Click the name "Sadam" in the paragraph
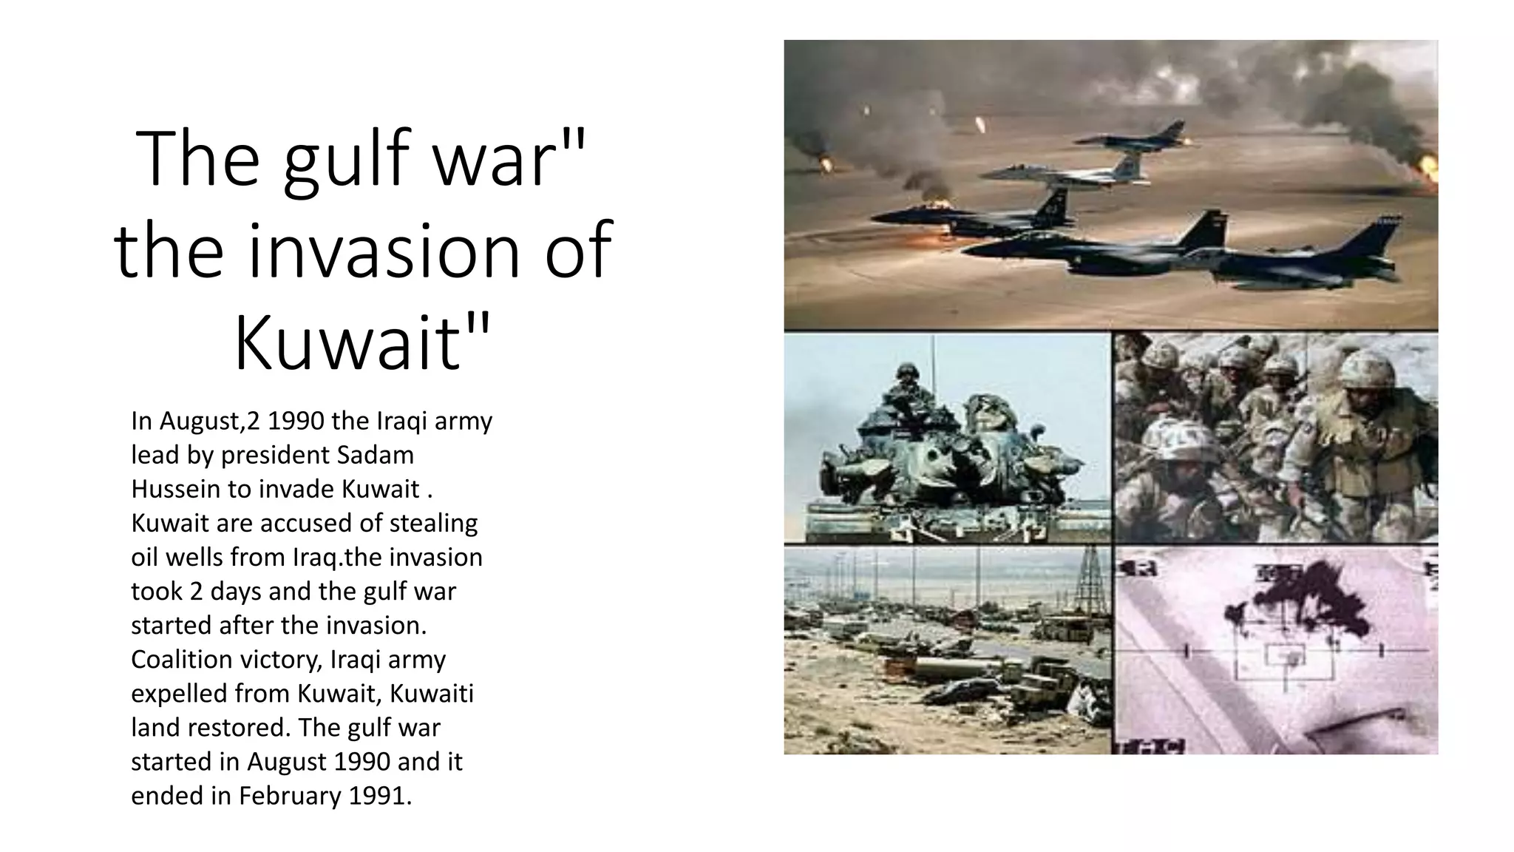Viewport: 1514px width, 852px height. [375, 455]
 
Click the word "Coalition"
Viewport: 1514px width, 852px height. [187, 659]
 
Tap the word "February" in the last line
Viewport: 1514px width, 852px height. [288, 795]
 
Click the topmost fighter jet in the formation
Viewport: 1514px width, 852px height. [1131, 137]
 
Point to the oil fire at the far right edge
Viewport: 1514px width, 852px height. [1425, 170]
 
